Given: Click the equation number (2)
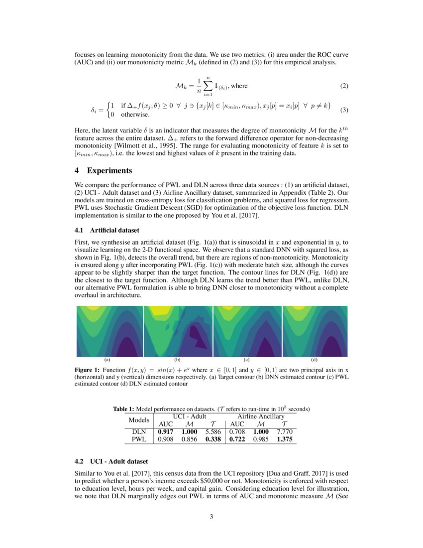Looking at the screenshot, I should tap(344, 86).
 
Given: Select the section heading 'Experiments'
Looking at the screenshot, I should tap(109, 170).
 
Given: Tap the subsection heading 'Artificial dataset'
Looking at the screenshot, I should tap(115, 230).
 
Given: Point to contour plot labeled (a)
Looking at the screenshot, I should tap(109, 331).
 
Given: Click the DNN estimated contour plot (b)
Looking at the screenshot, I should tap(177, 331).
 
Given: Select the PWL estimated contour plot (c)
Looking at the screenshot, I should tap(247, 331).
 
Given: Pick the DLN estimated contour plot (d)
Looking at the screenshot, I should tap(315, 331).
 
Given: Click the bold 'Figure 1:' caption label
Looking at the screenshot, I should tap(88, 371).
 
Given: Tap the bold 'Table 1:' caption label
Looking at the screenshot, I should tap(124, 409).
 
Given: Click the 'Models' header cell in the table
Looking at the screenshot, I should tap(139, 420).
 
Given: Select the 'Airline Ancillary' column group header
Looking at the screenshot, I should tap(261, 416).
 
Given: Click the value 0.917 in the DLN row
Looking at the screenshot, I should tap(166, 432).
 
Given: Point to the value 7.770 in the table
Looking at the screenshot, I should tap(284, 432).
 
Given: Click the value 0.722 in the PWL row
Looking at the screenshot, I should tap(237, 439).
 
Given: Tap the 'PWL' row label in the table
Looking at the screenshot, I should tap(139, 439).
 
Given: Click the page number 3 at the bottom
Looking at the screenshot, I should tap(211, 517).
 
